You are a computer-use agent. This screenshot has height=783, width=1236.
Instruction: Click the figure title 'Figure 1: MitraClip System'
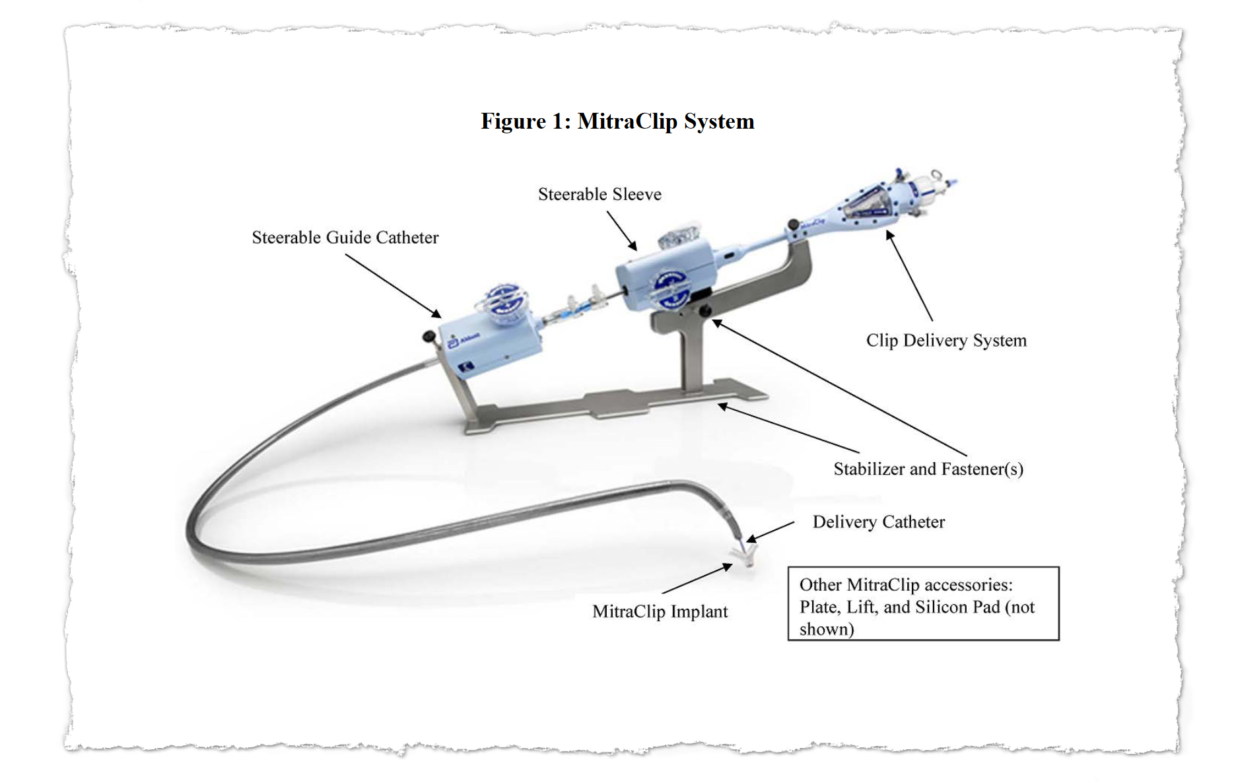(x=617, y=121)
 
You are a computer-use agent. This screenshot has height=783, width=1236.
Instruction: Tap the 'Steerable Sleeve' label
(x=600, y=194)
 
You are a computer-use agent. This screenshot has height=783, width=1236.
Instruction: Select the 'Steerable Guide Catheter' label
(x=345, y=238)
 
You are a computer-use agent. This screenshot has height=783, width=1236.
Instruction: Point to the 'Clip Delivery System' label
(x=946, y=341)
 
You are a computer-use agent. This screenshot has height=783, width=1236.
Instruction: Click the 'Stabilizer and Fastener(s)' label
(x=928, y=469)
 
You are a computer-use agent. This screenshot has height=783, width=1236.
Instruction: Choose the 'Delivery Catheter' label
(x=878, y=522)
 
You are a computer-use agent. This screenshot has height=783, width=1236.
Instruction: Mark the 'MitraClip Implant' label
(x=660, y=611)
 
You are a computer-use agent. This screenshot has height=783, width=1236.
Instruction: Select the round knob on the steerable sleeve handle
(x=671, y=289)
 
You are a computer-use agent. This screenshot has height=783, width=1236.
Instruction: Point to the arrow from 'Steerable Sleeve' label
(x=622, y=231)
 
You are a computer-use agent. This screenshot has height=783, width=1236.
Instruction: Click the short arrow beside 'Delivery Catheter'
(x=771, y=532)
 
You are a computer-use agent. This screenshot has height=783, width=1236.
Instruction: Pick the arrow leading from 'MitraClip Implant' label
(x=697, y=579)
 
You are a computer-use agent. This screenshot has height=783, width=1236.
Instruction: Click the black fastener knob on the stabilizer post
(x=705, y=310)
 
